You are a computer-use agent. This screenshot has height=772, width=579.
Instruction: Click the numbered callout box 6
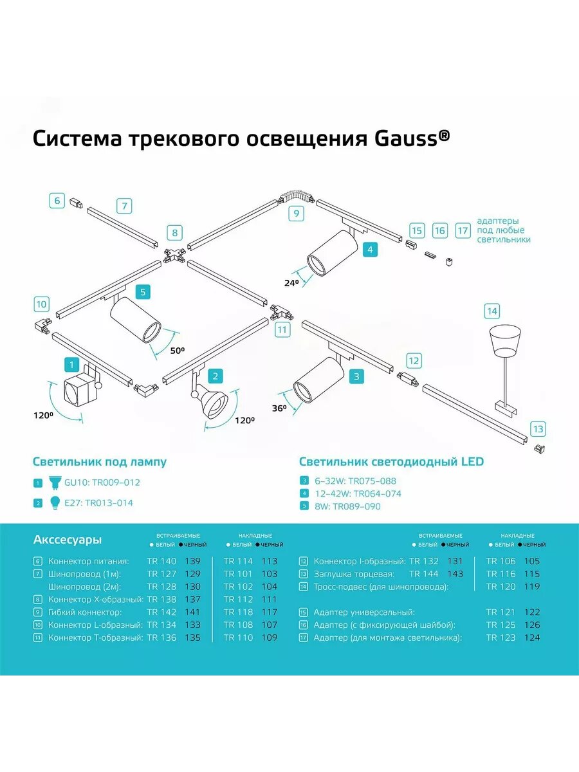pyautogui.click(x=57, y=201)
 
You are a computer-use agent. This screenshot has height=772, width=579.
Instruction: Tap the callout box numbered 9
pyautogui.click(x=296, y=214)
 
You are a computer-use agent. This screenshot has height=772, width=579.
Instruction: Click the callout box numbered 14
pyautogui.click(x=492, y=312)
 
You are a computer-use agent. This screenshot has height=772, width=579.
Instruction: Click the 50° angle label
pyautogui.click(x=177, y=351)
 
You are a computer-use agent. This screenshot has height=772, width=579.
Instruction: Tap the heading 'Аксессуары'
pyautogui.click(x=67, y=540)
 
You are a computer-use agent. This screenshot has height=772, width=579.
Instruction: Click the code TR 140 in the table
pyautogui.click(x=161, y=561)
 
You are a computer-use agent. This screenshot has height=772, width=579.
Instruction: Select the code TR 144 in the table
pyautogui.click(x=425, y=574)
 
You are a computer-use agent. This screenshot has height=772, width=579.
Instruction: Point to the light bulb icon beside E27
pyautogui.click(x=55, y=502)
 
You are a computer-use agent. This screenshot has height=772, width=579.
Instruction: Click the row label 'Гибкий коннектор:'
pyautogui.click(x=84, y=612)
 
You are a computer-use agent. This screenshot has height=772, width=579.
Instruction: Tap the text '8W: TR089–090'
pyautogui.click(x=347, y=506)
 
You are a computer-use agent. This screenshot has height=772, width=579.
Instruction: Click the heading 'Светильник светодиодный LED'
pyautogui.click(x=391, y=461)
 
